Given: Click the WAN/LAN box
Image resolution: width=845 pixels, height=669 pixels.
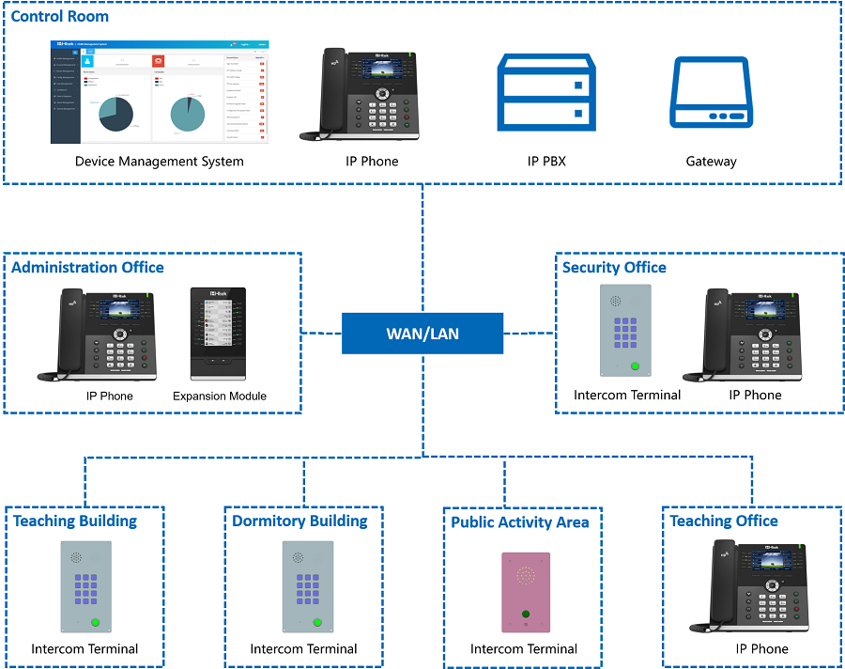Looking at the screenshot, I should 422,334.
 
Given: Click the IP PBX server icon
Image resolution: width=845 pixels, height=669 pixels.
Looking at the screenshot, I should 545,92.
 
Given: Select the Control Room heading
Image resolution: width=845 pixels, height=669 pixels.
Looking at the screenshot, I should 60,16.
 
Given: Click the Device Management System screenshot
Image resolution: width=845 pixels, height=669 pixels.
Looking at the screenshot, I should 160,92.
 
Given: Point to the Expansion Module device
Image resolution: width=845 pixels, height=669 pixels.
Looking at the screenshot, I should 219,334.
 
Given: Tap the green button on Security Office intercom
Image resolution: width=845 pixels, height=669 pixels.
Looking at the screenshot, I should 636,366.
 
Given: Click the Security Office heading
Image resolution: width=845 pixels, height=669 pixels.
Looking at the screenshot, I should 614,268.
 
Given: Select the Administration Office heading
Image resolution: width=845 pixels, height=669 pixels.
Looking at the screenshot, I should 87,268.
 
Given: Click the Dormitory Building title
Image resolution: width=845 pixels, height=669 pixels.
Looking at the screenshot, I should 300,521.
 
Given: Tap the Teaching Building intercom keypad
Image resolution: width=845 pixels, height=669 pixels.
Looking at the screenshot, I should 86,589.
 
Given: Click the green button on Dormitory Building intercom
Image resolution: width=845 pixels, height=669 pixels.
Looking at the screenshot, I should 316,621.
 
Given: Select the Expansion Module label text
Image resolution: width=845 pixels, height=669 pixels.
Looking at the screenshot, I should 220,397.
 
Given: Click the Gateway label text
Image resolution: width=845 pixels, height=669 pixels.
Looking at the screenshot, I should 711,162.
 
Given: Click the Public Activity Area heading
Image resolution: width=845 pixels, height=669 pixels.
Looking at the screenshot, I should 520,522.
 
